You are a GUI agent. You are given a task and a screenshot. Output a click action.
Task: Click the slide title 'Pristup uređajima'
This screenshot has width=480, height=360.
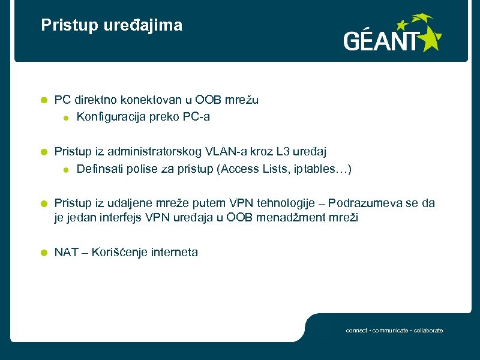[x=112, y=25]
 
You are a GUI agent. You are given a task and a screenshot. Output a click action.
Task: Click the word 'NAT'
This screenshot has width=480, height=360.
[x=66, y=253]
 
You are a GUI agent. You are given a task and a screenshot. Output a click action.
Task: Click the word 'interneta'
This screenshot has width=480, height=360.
[x=174, y=253]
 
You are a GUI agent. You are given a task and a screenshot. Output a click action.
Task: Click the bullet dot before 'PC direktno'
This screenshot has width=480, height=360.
[x=43, y=100]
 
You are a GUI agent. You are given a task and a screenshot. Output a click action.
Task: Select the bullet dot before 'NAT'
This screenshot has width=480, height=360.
[x=43, y=253]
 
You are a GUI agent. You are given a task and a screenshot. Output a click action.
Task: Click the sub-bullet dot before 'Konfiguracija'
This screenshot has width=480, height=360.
[x=66, y=118]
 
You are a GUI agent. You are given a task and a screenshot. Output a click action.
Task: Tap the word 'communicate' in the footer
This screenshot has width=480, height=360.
[x=391, y=331]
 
